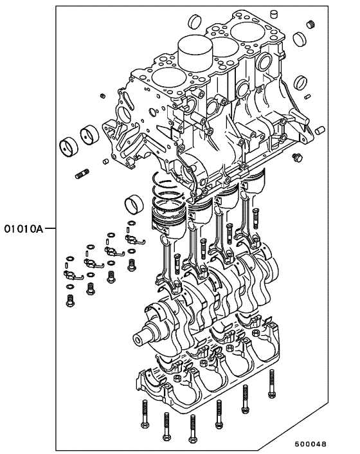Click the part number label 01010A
tap(22, 228)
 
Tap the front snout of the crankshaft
tap(143, 338)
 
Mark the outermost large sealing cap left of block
tap(67, 146)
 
